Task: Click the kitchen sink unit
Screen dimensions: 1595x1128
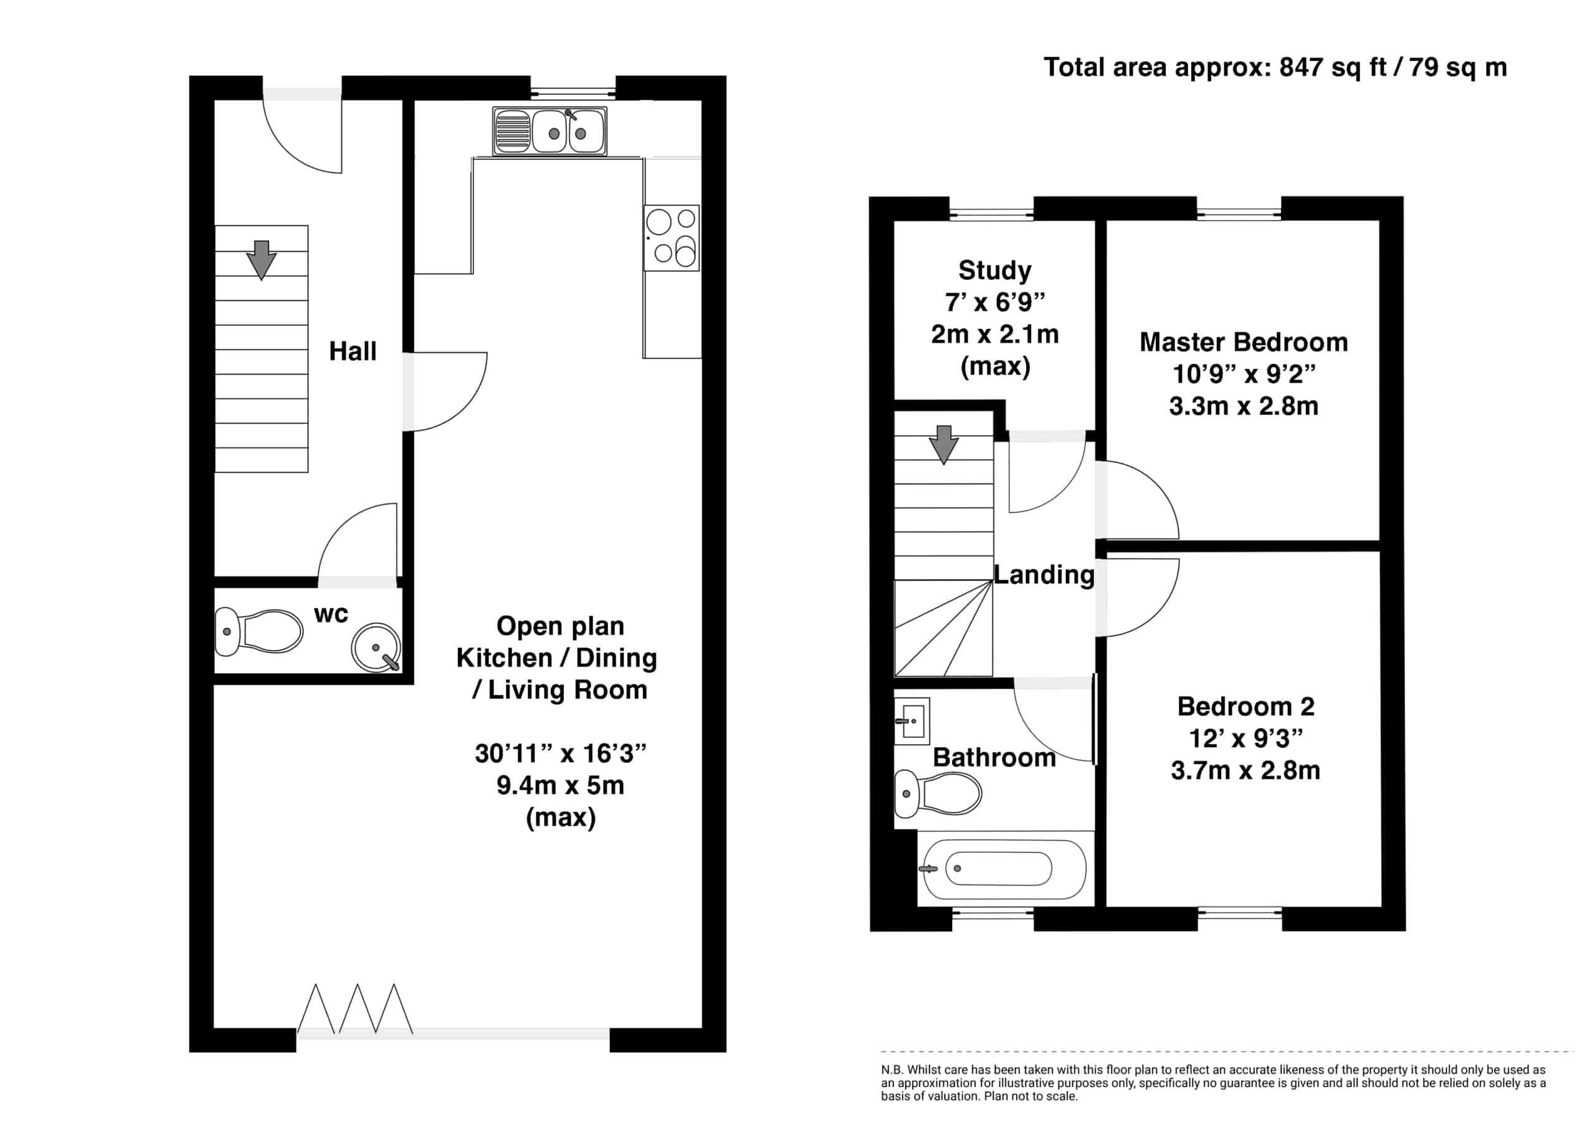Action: (x=550, y=131)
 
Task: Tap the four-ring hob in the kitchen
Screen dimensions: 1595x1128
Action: (x=671, y=237)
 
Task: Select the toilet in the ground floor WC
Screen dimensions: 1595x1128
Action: (x=259, y=631)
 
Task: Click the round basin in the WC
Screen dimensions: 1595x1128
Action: (x=376, y=647)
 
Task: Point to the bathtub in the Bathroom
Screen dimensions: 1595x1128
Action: (x=1001, y=868)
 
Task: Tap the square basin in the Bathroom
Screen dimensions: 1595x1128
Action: (x=912, y=720)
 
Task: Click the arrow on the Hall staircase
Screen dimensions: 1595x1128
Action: (x=261, y=260)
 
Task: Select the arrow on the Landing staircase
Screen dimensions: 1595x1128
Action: (x=943, y=444)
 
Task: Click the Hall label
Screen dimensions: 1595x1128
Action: (x=353, y=351)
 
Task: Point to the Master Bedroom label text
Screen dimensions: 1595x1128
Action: (x=1244, y=342)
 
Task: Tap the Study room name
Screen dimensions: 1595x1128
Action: (x=995, y=270)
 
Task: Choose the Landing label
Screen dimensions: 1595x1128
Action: (x=1044, y=574)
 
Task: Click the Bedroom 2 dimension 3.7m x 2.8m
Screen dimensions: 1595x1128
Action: (x=1245, y=770)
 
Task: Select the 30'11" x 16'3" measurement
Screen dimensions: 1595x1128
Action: (x=561, y=753)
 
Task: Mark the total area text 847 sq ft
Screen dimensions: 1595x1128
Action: (x=1333, y=67)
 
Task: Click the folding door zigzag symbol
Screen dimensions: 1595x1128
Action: (x=355, y=1008)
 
